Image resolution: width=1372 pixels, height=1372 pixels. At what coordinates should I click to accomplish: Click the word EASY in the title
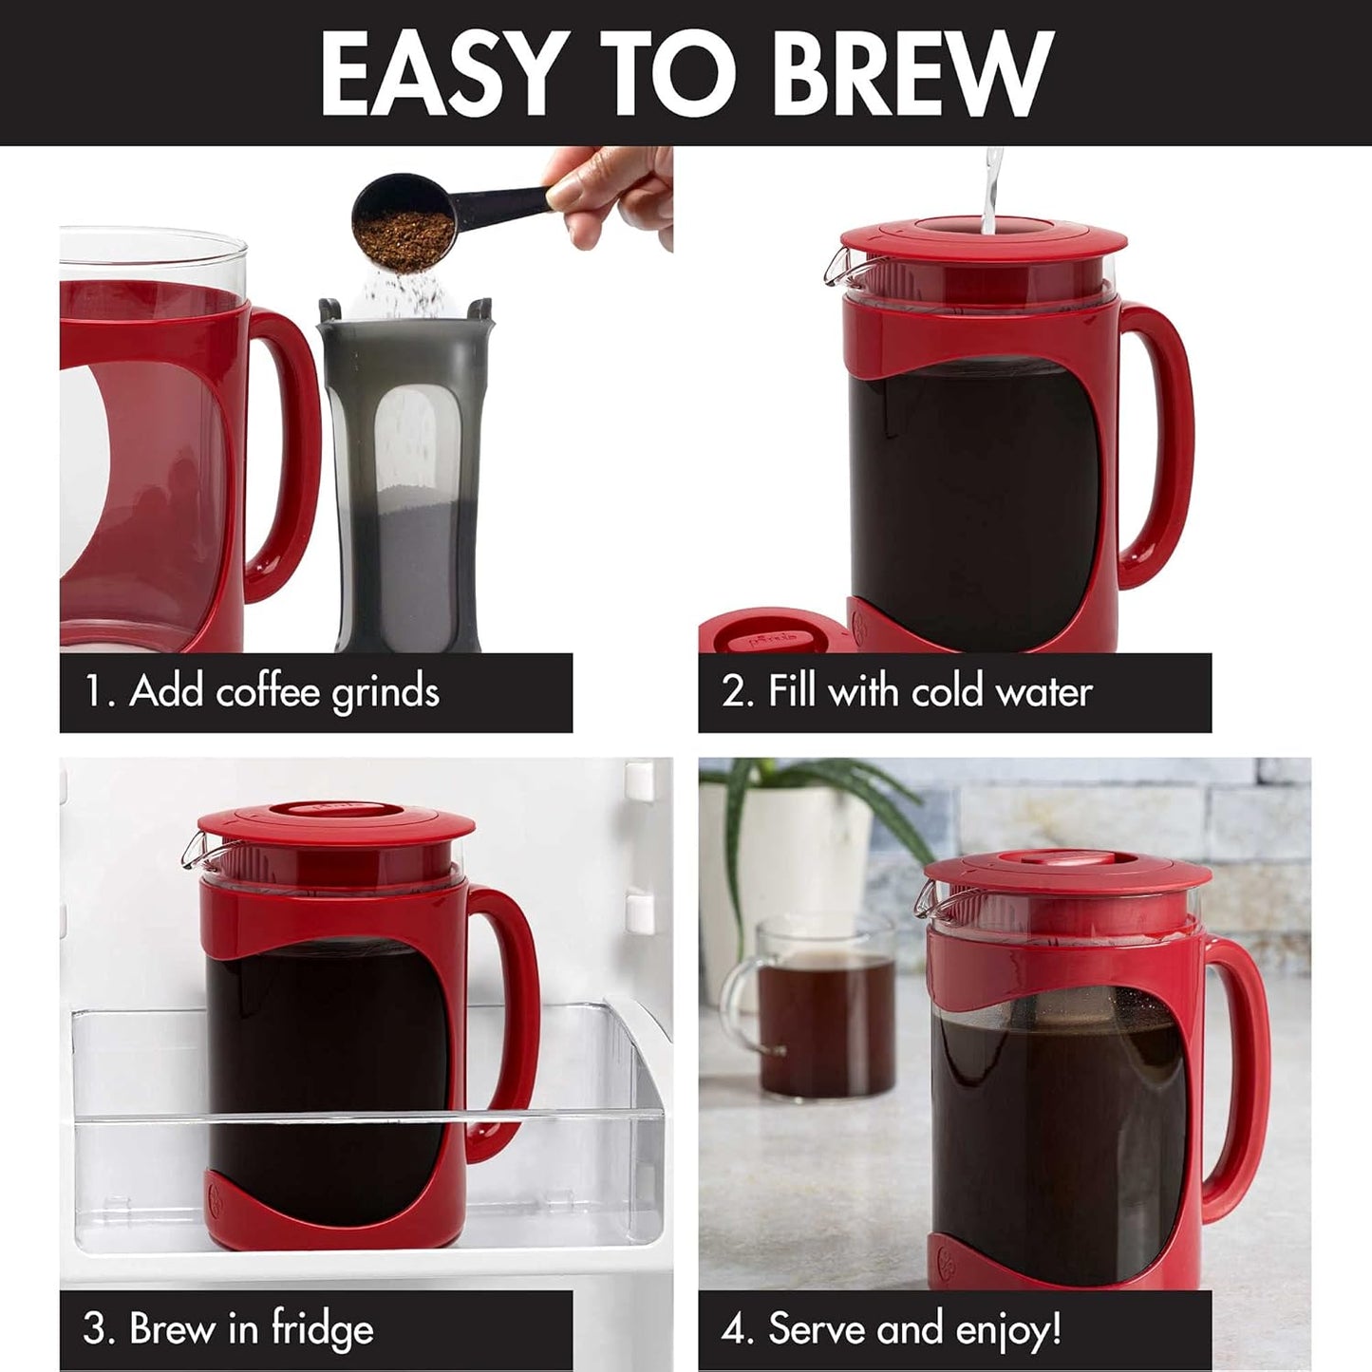coord(438,74)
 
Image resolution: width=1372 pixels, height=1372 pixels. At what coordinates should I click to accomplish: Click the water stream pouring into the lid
coord(991,190)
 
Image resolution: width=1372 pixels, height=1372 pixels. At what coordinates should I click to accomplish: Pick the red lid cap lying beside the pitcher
coord(769,631)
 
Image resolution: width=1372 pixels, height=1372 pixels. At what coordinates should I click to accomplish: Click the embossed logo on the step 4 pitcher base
coord(948,1262)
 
